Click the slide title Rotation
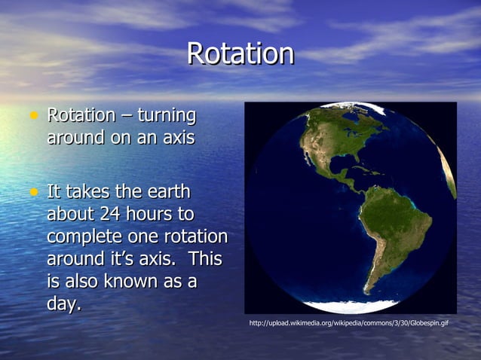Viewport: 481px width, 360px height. coord(240,53)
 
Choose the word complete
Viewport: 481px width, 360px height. coord(82,237)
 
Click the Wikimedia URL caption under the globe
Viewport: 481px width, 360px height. coord(348,323)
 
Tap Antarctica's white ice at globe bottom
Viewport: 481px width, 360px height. coord(351,306)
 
